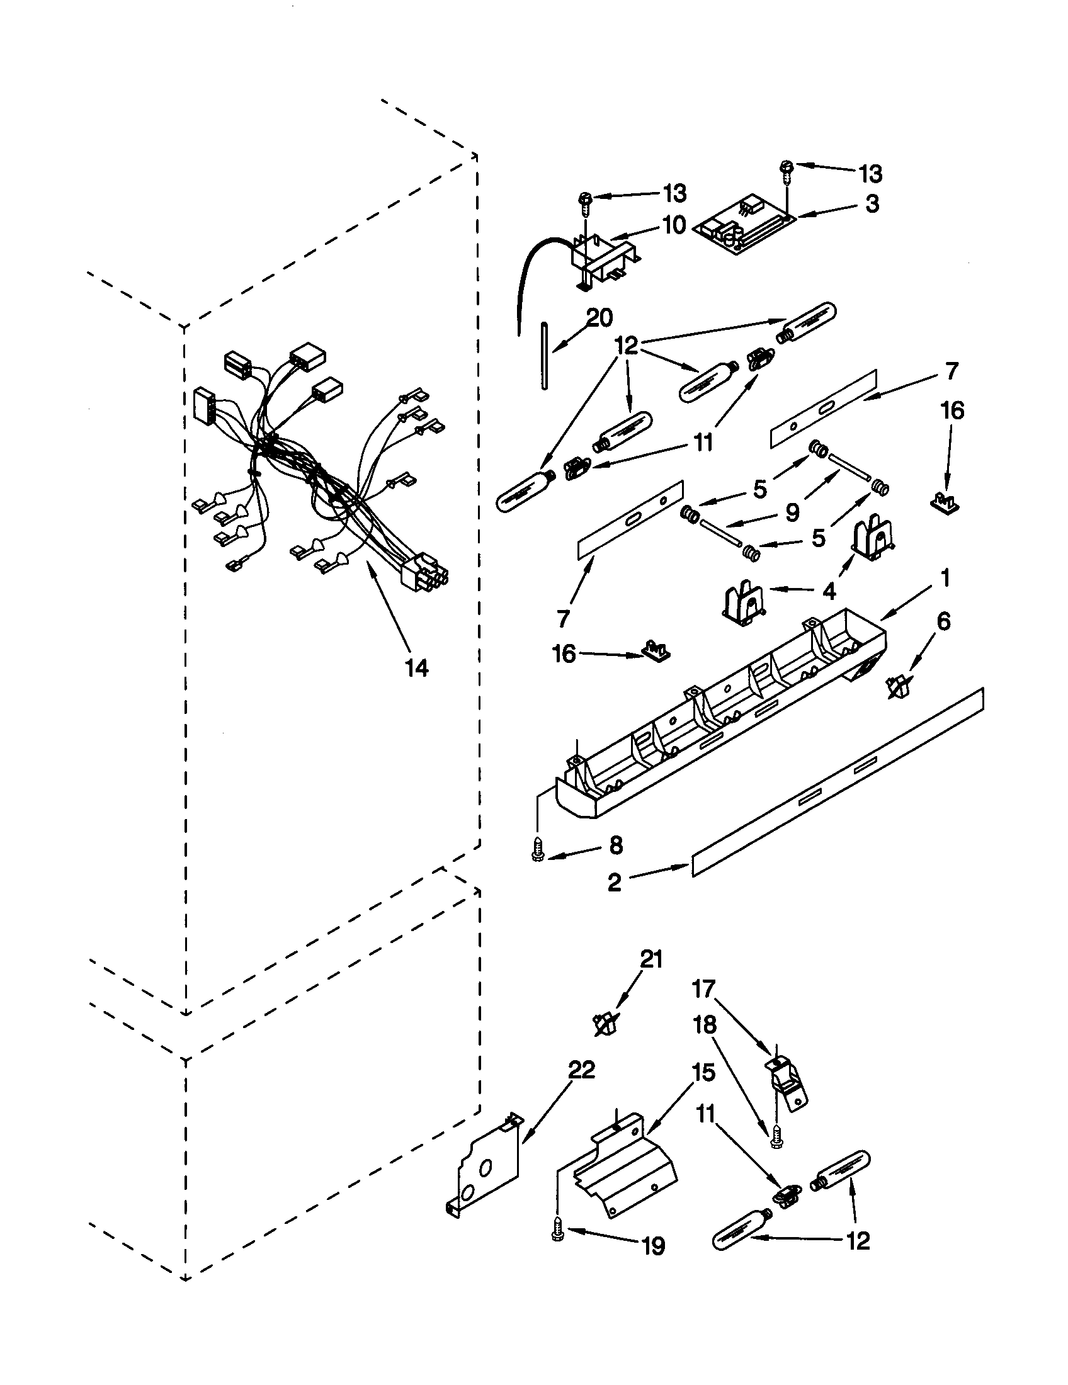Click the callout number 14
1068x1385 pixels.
[x=417, y=667]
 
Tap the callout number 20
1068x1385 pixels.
[x=598, y=318]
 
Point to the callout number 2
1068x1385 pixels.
[x=614, y=882]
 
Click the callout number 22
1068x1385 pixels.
[x=581, y=1070]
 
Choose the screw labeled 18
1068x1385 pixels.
[x=775, y=1140]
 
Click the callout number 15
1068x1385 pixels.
[x=703, y=1072]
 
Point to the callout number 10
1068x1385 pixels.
[x=674, y=225]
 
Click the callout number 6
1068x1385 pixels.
[x=943, y=621]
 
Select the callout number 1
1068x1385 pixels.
[x=945, y=578]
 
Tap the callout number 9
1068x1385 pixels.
[x=792, y=512]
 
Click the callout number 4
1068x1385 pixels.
[x=829, y=591]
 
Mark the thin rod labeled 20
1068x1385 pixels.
[x=545, y=355]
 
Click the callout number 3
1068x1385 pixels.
[x=872, y=203]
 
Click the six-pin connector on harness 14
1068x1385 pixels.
[x=423, y=569]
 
